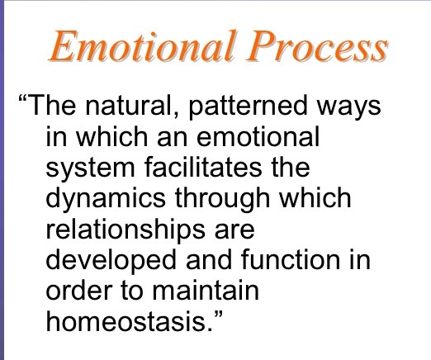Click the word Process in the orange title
[x=316, y=45]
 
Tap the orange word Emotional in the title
[x=142, y=45]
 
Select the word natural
[x=128, y=105]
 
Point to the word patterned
[x=248, y=106]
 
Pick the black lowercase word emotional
[x=258, y=136]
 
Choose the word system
[x=90, y=168]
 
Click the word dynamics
[x=106, y=199]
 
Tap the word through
[x=222, y=199]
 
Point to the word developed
[x=111, y=260]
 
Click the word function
[x=291, y=258]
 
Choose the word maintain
[x=206, y=290]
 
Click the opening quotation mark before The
[x=23, y=98]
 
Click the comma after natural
[x=176, y=115]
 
